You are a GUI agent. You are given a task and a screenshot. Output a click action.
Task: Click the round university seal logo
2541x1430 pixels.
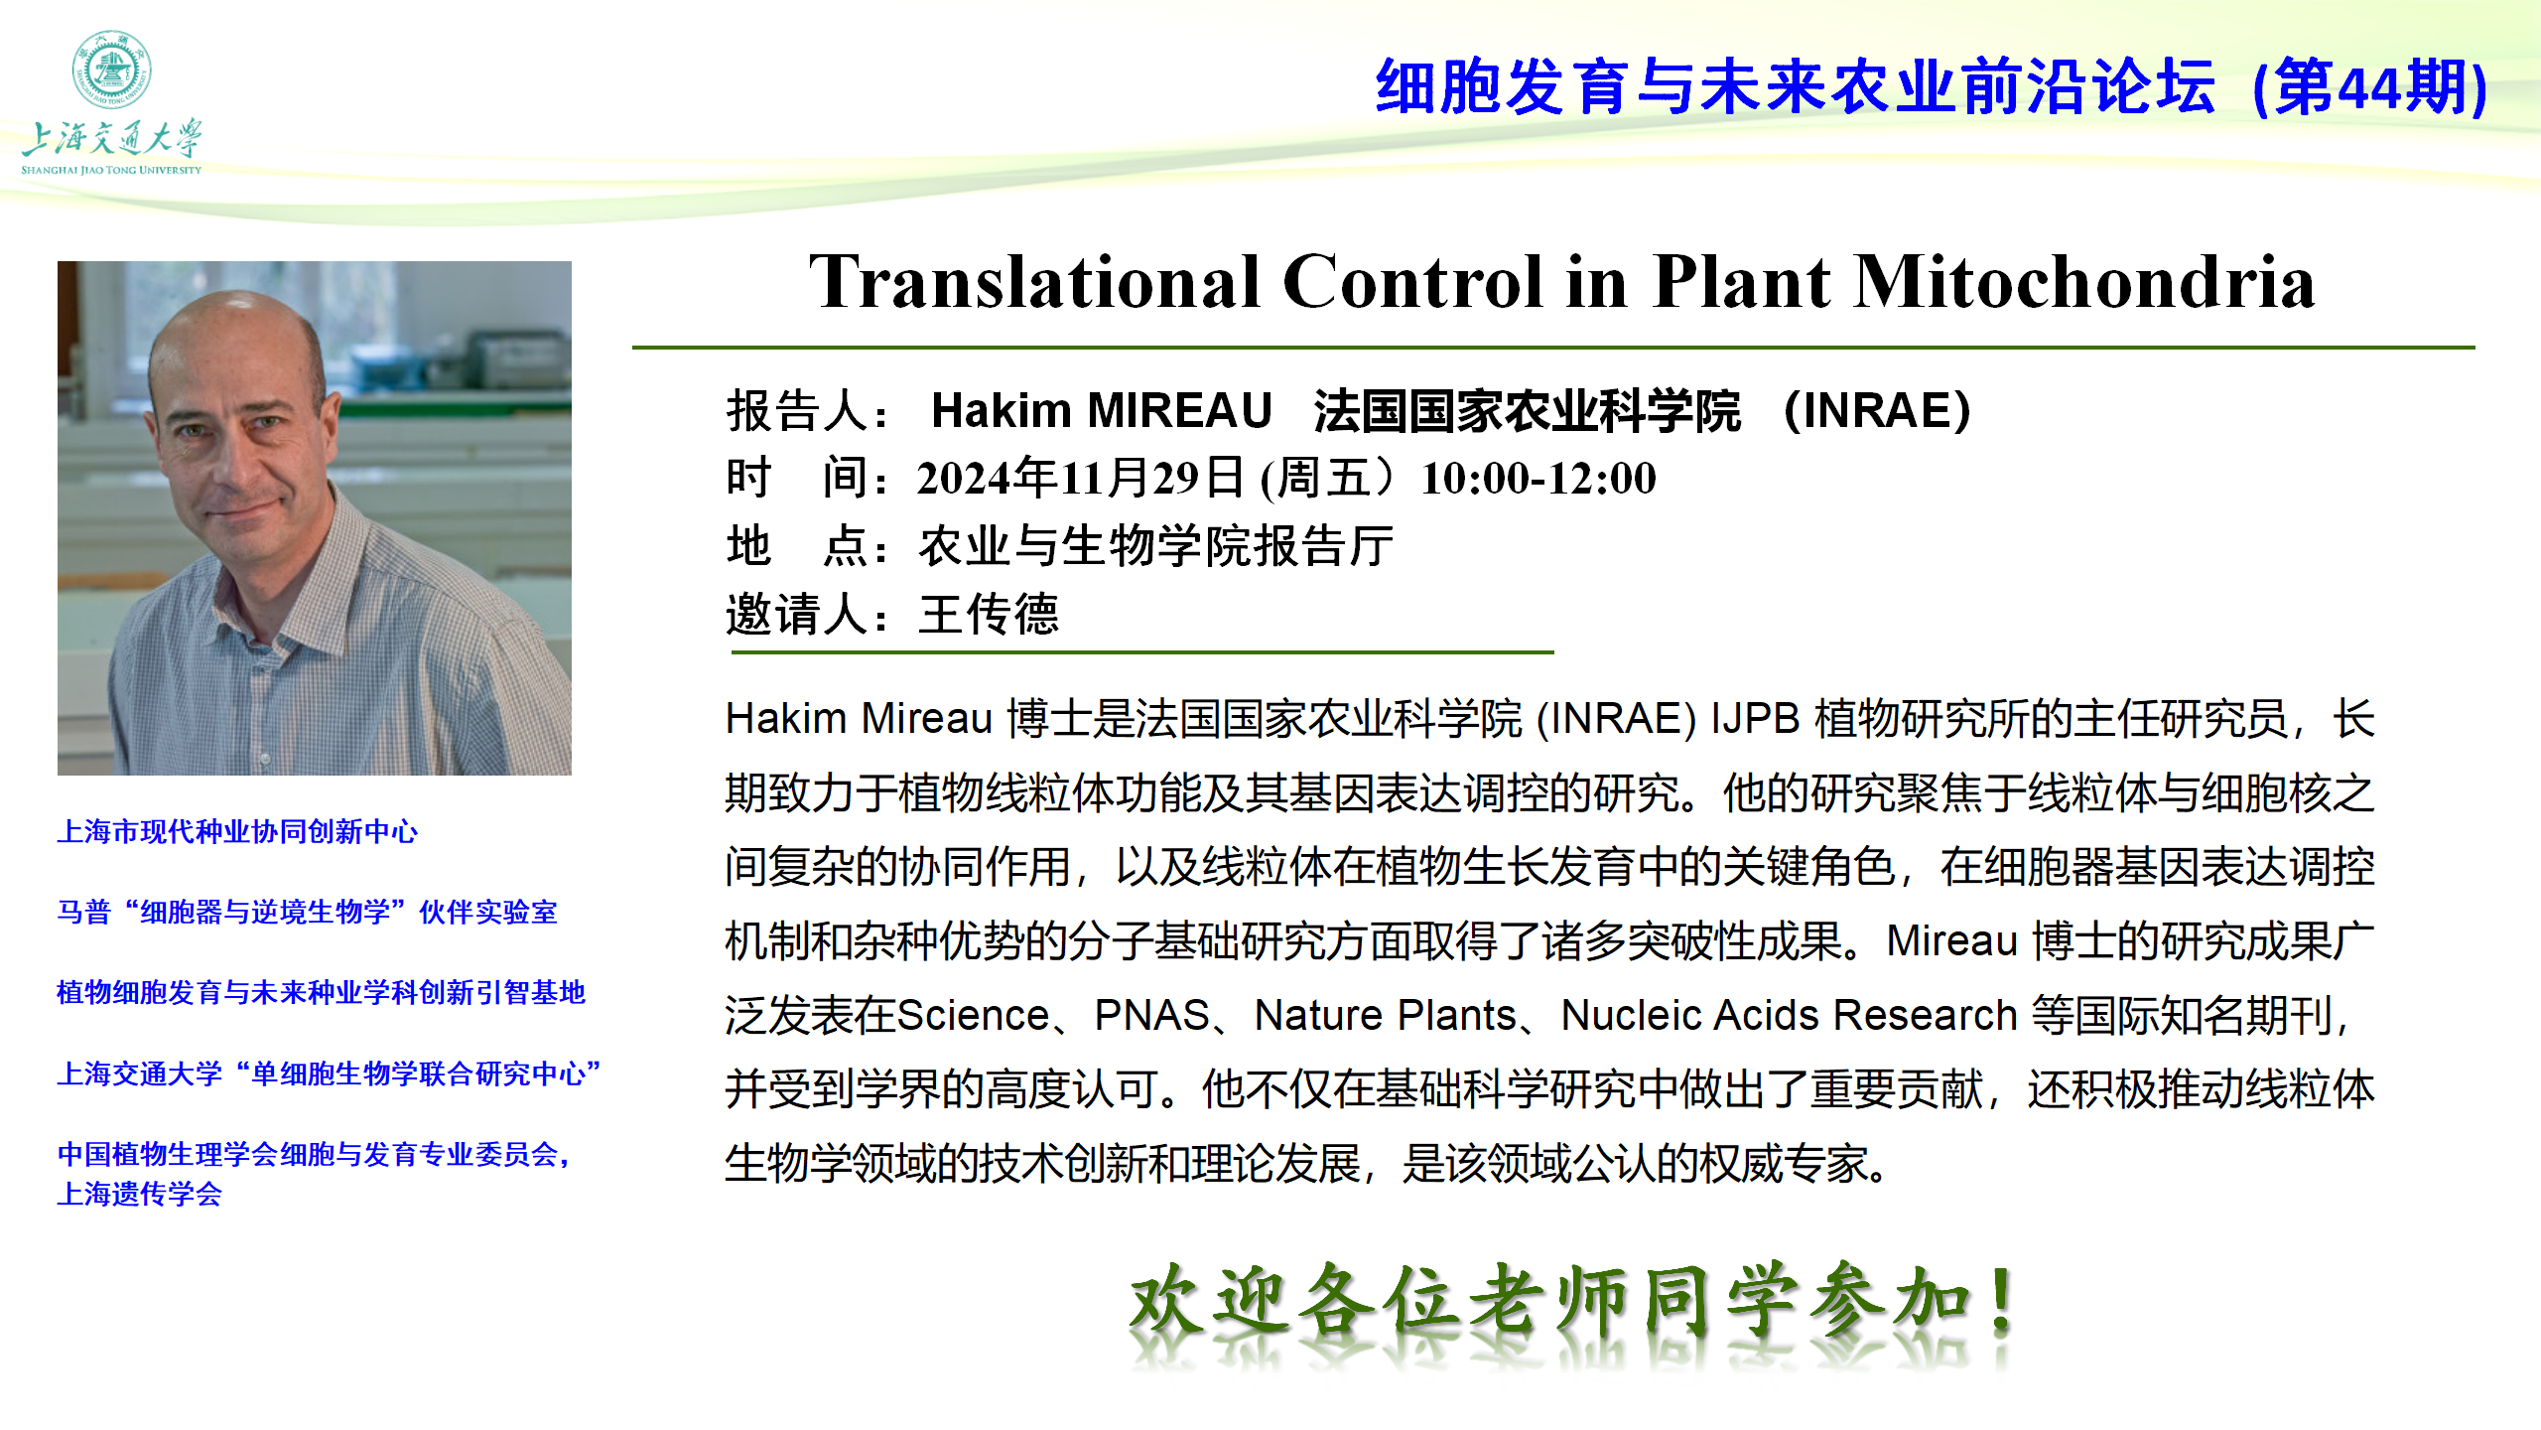[x=111, y=69]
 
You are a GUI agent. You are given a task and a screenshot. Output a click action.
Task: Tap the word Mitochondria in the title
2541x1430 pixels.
[x=2084, y=282]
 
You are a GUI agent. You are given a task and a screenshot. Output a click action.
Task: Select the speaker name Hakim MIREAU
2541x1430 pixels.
[x=1102, y=410]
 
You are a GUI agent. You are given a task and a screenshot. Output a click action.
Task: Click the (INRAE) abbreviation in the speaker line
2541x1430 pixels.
[x=1877, y=410]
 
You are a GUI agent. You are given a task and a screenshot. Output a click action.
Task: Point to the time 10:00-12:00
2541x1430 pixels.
[x=1538, y=478]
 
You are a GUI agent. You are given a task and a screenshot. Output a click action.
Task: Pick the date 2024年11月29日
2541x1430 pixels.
[x=1080, y=478]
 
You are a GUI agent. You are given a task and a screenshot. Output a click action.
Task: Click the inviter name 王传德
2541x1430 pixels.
[x=990, y=614]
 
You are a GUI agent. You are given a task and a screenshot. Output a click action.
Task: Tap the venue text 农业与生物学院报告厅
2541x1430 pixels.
[x=1156, y=546]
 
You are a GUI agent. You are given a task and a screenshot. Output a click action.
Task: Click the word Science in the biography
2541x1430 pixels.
[x=973, y=1015]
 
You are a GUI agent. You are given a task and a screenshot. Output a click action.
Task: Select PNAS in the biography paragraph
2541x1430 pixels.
[x=1151, y=1015]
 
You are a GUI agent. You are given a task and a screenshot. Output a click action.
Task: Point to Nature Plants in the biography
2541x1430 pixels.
[x=1386, y=1015]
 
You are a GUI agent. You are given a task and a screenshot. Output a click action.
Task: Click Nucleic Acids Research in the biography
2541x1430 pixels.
[x=1790, y=1015]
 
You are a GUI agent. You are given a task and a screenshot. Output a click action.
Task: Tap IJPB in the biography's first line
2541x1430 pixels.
[x=1755, y=719]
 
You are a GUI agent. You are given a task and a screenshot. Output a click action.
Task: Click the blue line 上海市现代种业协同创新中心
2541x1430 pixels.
[x=237, y=831]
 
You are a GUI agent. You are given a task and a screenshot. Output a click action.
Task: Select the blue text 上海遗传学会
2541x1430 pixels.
[x=140, y=1194]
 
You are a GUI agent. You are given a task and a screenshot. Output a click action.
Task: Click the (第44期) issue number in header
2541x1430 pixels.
[x=2370, y=87]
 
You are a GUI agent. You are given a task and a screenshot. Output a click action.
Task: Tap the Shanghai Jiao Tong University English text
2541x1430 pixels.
[x=111, y=170]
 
